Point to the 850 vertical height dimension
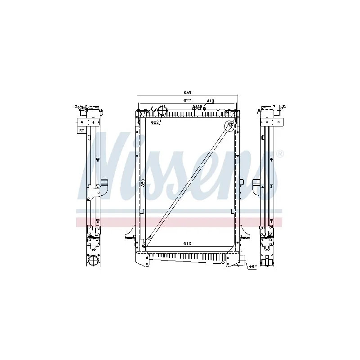pyautogui.click(x=143, y=183)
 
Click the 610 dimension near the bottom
pyautogui.click(x=188, y=243)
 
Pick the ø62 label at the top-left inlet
pyautogui.click(x=154, y=122)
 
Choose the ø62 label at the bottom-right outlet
pyautogui.click(x=252, y=267)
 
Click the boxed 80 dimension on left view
pyautogui.click(x=81, y=130)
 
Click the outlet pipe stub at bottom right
pyautogui.click(x=243, y=261)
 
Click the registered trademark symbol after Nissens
pyautogui.click(x=280, y=154)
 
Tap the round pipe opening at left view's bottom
pyautogui.click(x=93, y=261)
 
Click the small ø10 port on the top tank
pyautogui.click(x=205, y=108)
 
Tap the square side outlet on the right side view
pyautogui.click(x=256, y=185)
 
